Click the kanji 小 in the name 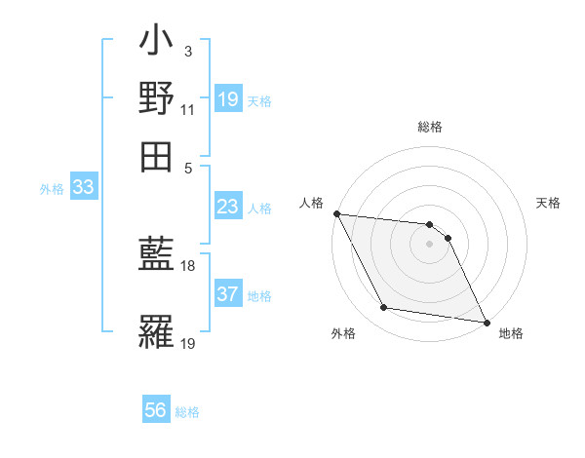coord(156,45)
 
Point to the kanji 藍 coord(156,253)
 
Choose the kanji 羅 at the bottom coord(156,332)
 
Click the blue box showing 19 coord(228,99)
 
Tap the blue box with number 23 coord(228,208)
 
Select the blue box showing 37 coord(228,295)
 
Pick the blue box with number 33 coord(83,188)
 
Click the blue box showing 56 coord(156,411)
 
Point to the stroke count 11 coord(188,109)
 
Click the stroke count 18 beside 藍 coord(188,265)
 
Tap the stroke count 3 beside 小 coord(188,51)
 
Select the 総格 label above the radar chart coord(429,128)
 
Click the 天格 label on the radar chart coord(549,203)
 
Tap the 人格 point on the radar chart coord(336,213)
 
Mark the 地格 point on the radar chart coord(486,322)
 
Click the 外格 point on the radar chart coord(384,308)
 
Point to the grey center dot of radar coord(429,244)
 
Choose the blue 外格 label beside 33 coord(52,189)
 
